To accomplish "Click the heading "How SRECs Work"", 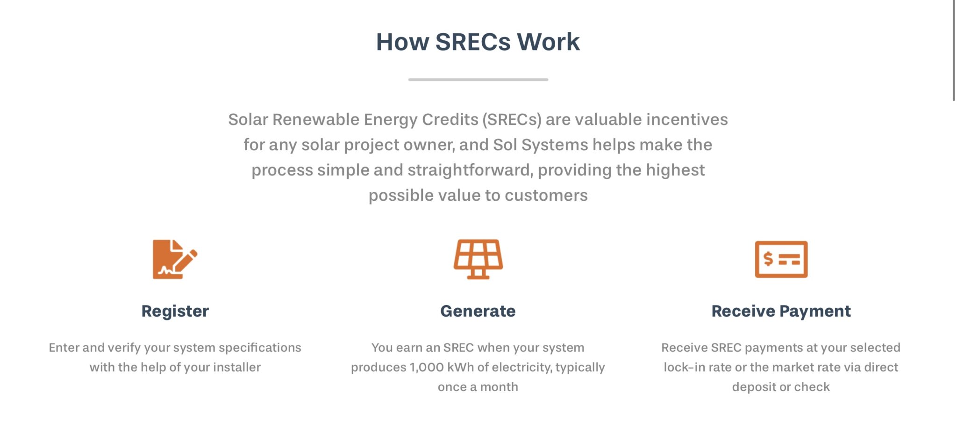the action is point(478,42).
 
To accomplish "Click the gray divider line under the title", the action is point(478,80).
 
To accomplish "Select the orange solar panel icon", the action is point(478,259).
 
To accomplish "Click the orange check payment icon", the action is point(781,259).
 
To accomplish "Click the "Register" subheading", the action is point(175,311).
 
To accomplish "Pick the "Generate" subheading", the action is point(478,311).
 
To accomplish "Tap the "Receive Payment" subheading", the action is point(781,311).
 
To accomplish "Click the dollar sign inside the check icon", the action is point(768,259).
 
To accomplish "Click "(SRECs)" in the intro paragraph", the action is point(512,120).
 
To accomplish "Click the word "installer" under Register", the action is point(237,367).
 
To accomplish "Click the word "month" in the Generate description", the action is point(499,387).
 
